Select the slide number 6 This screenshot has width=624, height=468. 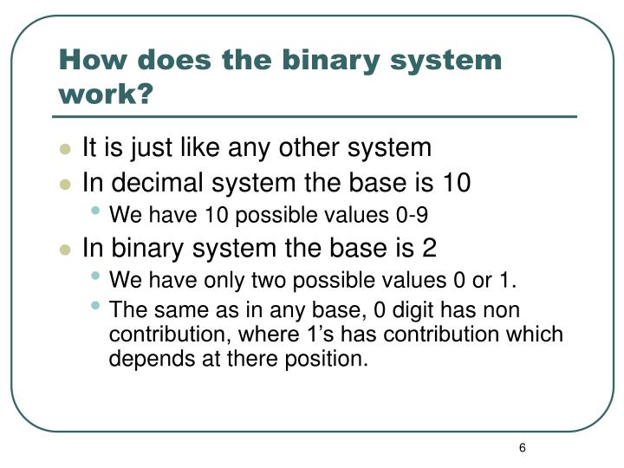(x=523, y=447)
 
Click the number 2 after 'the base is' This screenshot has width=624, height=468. (x=429, y=248)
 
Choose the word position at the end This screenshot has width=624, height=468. (x=332, y=358)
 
